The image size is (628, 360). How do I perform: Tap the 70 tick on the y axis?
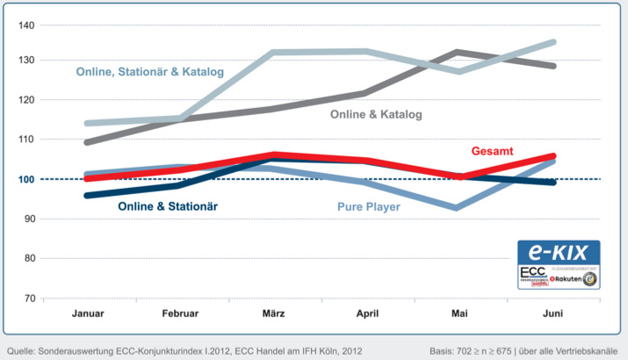[28, 298]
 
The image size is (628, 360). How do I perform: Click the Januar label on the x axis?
[88, 313]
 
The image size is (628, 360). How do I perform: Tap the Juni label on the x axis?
[554, 313]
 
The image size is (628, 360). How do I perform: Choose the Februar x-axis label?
[181, 313]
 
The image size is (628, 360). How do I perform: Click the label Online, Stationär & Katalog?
[150, 71]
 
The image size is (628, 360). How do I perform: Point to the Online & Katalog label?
[376, 115]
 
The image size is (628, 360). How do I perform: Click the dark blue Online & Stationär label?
[167, 206]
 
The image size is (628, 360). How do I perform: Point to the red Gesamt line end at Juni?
[553, 156]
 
